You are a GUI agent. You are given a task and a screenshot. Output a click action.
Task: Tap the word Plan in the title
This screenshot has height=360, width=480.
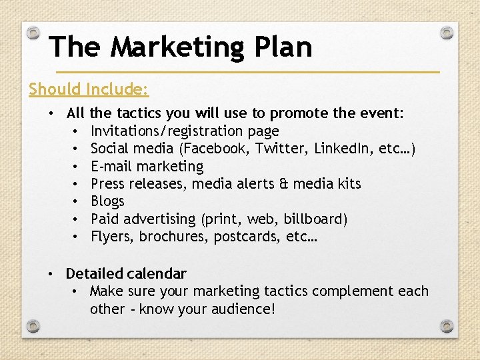(285, 47)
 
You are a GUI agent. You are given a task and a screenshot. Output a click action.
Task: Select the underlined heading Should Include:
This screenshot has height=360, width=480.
(89, 89)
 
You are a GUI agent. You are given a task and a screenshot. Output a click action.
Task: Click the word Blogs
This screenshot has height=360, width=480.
(107, 201)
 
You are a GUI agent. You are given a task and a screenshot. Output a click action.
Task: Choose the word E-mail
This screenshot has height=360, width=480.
(111, 166)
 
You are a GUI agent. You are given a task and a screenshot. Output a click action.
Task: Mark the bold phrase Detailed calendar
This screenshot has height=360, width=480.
(126, 273)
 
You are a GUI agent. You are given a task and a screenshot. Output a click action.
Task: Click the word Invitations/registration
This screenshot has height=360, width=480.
(162, 131)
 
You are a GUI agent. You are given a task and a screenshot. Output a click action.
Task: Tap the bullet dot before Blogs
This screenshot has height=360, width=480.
(77, 201)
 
